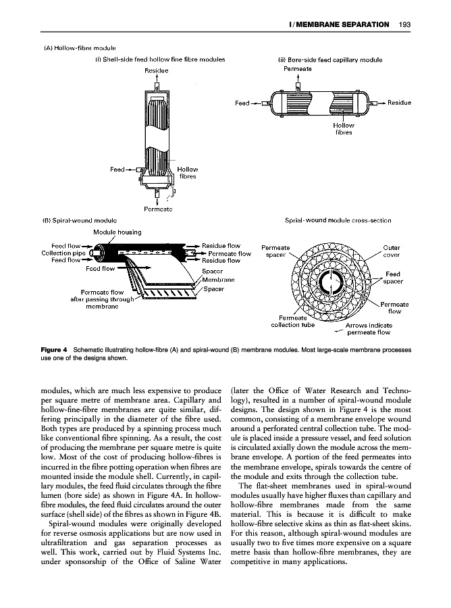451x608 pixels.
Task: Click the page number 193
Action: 406,25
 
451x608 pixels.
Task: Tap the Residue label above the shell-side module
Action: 156,70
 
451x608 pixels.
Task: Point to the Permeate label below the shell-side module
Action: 156,208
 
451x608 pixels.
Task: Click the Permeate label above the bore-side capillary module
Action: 298,69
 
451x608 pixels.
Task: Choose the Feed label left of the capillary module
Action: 242,103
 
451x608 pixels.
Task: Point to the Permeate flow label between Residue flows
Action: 225,253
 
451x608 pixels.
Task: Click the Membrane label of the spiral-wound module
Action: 218,280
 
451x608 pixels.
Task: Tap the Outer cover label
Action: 392,251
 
